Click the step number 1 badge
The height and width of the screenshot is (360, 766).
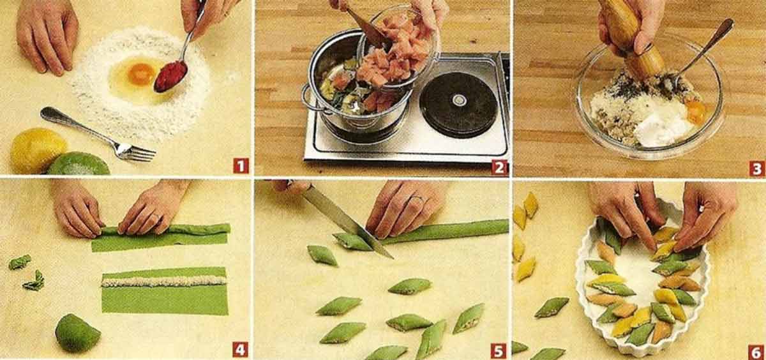241,166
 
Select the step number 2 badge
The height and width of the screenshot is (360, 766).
499,168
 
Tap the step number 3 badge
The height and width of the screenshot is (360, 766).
756,169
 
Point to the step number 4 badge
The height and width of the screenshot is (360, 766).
240,349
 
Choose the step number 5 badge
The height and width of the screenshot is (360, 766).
499,350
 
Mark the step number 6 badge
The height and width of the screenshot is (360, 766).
756,352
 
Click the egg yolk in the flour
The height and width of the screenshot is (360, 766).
141,74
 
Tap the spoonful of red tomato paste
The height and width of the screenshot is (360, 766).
170,76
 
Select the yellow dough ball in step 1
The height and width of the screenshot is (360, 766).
37,150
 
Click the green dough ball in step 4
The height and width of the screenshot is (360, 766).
77,333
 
